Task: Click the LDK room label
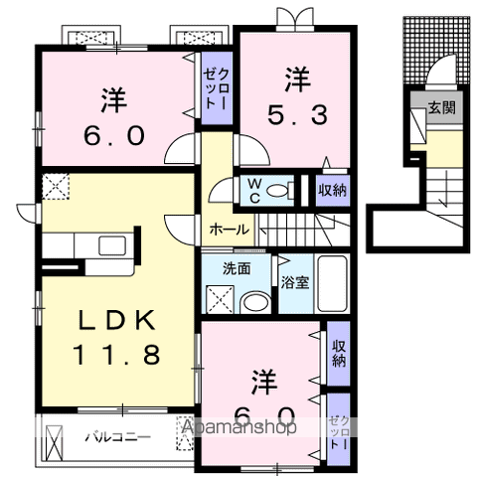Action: point(117,322)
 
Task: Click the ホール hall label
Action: point(229,229)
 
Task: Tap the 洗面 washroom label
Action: point(236,267)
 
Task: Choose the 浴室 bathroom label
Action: point(295,281)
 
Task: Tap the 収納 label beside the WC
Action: point(333,190)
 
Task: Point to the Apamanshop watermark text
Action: point(238,428)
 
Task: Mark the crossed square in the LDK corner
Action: point(55,185)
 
